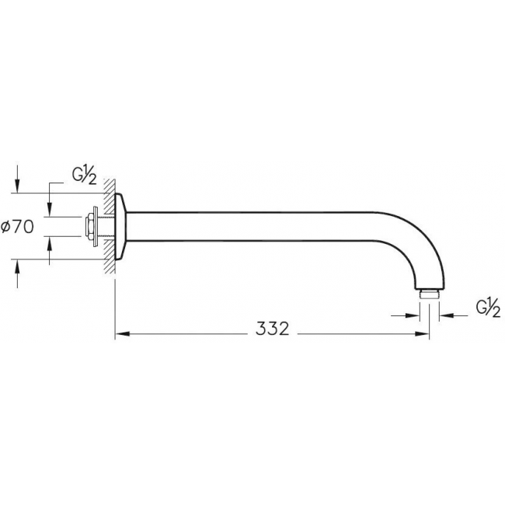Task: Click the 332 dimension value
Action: click(273, 329)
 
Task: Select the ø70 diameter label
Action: click(17, 227)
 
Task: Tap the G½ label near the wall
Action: click(84, 176)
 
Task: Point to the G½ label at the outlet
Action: click(488, 308)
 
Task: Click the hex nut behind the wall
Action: click(88, 227)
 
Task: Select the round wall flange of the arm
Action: click(121, 227)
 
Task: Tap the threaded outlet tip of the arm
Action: click(430, 294)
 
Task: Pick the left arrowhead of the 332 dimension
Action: click(123, 334)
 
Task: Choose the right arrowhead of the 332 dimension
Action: click(422, 334)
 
